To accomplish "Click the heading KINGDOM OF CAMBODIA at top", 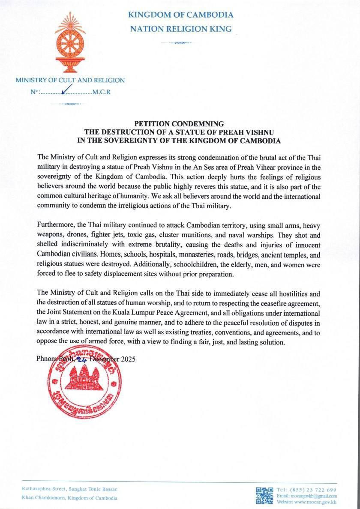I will point(180,15).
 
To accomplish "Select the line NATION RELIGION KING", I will point(180,29).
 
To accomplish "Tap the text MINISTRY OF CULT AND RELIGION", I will point(70,80).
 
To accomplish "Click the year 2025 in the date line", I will point(128,359).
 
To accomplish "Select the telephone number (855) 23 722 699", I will point(313,490).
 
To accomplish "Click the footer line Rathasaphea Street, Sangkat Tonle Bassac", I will point(70,489).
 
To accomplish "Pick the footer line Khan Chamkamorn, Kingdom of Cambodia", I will point(70,498).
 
